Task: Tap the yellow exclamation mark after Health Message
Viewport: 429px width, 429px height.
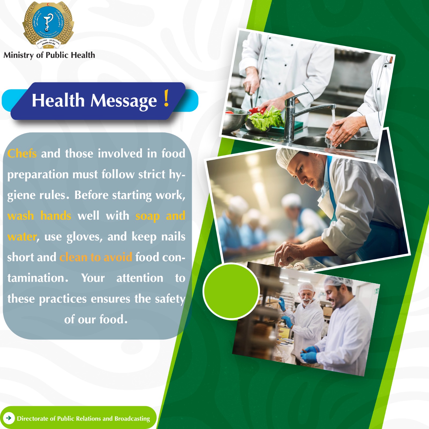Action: pyautogui.click(x=166, y=98)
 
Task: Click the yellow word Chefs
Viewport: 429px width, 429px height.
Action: pyautogui.click(x=22, y=154)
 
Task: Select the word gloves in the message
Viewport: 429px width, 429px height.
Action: pyautogui.click(x=84, y=237)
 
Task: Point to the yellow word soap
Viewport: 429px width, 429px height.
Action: pyautogui.click(x=147, y=216)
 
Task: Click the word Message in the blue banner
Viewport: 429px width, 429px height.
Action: pyautogui.click(x=124, y=101)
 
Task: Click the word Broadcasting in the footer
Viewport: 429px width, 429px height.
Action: pyautogui.click(x=132, y=419)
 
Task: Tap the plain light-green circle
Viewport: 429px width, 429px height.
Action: pyautogui.click(x=231, y=291)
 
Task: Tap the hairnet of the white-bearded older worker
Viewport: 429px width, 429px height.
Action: pyautogui.click(x=307, y=287)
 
